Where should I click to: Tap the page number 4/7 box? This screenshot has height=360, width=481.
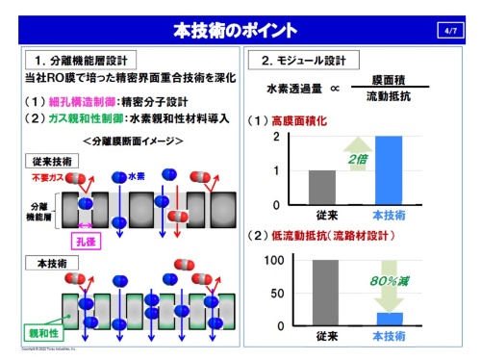click(x=452, y=31)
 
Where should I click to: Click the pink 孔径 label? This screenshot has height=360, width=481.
click(x=73, y=231)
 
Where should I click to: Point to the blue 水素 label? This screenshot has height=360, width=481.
click(x=137, y=177)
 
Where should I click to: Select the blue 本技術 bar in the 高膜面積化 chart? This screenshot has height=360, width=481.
click(x=389, y=169)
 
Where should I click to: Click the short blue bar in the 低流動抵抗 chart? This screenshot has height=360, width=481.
click(x=389, y=319)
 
